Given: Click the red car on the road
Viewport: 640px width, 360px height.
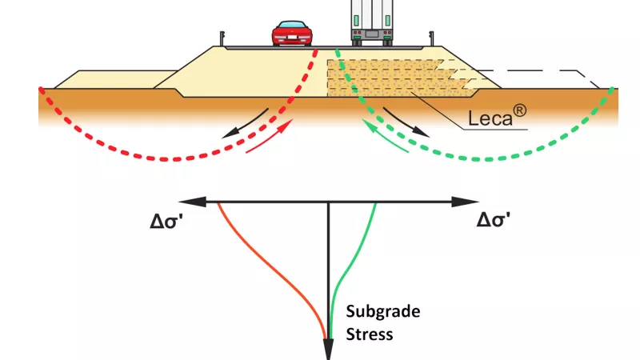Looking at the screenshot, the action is click(x=292, y=33).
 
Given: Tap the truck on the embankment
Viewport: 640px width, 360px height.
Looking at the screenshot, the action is click(x=372, y=22).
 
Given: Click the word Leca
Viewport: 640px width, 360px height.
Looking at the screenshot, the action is click(x=490, y=118).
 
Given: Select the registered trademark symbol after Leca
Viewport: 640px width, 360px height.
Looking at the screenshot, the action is click(x=519, y=111).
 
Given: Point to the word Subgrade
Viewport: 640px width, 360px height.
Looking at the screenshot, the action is click(x=383, y=311).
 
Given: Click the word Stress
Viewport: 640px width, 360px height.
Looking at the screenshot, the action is click(x=370, y=334).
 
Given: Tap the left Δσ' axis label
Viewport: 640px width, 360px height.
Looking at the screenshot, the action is click(x=166, y=221).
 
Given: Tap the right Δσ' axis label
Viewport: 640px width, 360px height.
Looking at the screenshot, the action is click(x=494, y=221).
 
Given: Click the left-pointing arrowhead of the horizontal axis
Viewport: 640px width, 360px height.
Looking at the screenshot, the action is click(x=193, y=202).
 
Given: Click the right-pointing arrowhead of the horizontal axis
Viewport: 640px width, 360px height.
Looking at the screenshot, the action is click(x=465, y=202).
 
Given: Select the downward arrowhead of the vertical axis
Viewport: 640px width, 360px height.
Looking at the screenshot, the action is click(x=328, y=350).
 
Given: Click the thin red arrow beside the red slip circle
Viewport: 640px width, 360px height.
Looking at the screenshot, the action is click(x=270, y=135).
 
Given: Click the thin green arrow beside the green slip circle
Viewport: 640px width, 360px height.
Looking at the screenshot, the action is click(x=385, y=135).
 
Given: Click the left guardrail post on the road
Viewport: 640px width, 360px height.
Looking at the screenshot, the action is click(x=222, y=38).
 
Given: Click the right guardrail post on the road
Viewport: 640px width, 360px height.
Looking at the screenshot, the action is click(x=431, y=38).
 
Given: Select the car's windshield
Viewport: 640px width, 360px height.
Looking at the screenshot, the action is click(x=292, y=25).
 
